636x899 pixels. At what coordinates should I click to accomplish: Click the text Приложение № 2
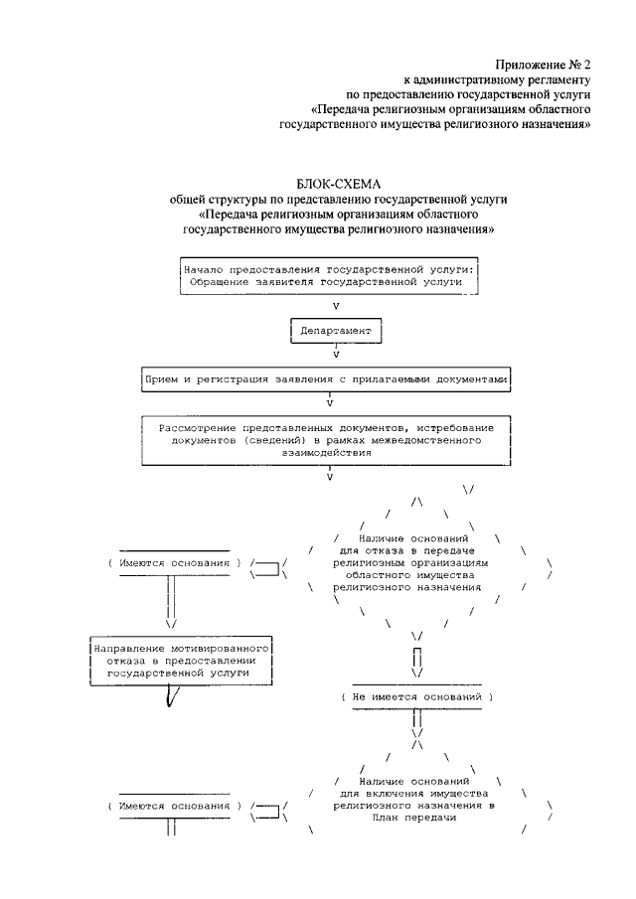point(547,62)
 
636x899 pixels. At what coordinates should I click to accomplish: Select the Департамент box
point(337,331)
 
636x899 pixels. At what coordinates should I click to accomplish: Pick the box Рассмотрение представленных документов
point(329,438)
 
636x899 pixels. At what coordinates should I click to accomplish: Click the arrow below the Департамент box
point(337,353)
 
